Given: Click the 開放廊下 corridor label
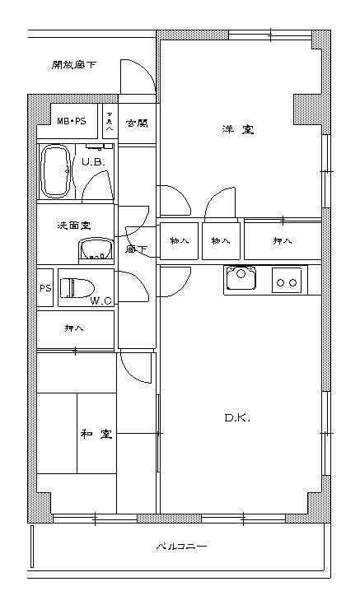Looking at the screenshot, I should point(72,64).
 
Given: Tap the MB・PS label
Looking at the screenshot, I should point(72,122).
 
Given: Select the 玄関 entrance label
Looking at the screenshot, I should point(136,123).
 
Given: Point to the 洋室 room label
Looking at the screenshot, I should point(236,129).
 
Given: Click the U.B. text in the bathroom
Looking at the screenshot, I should point(92,162).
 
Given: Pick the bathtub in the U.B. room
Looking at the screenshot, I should point(57,171).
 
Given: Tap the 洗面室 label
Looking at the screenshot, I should point(72,225).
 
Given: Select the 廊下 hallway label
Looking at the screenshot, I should point(136,249).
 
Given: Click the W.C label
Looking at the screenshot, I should point(101,301).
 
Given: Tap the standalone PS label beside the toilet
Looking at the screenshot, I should point(45,288).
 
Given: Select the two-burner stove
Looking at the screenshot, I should point(287,282).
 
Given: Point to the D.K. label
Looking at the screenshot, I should point(236,418).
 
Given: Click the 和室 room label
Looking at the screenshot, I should point(96,434).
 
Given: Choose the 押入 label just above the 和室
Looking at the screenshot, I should point(74,328).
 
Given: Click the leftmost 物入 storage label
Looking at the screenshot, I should point(179,240).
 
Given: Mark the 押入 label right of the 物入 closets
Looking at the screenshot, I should point(281,240).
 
